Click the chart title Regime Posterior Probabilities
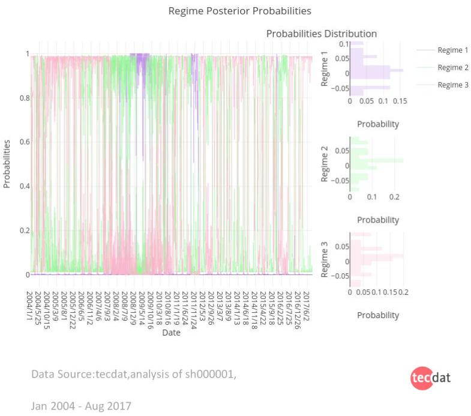pyautogui.click(x=239, y=11)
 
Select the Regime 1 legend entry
pyautogui.click(x=452, y=50)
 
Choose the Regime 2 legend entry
pyautogui.click(x=452, y=67)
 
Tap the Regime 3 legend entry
pyautogui.click(x=452, y=85)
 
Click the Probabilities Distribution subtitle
pyautogui.click(x=321, y=34)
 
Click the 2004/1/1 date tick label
pyautogui.click(x=29, y=305)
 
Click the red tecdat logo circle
pyautogui.click(x=421, y=378)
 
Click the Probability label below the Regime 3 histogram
pyautogui.click(x=378, y=315)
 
